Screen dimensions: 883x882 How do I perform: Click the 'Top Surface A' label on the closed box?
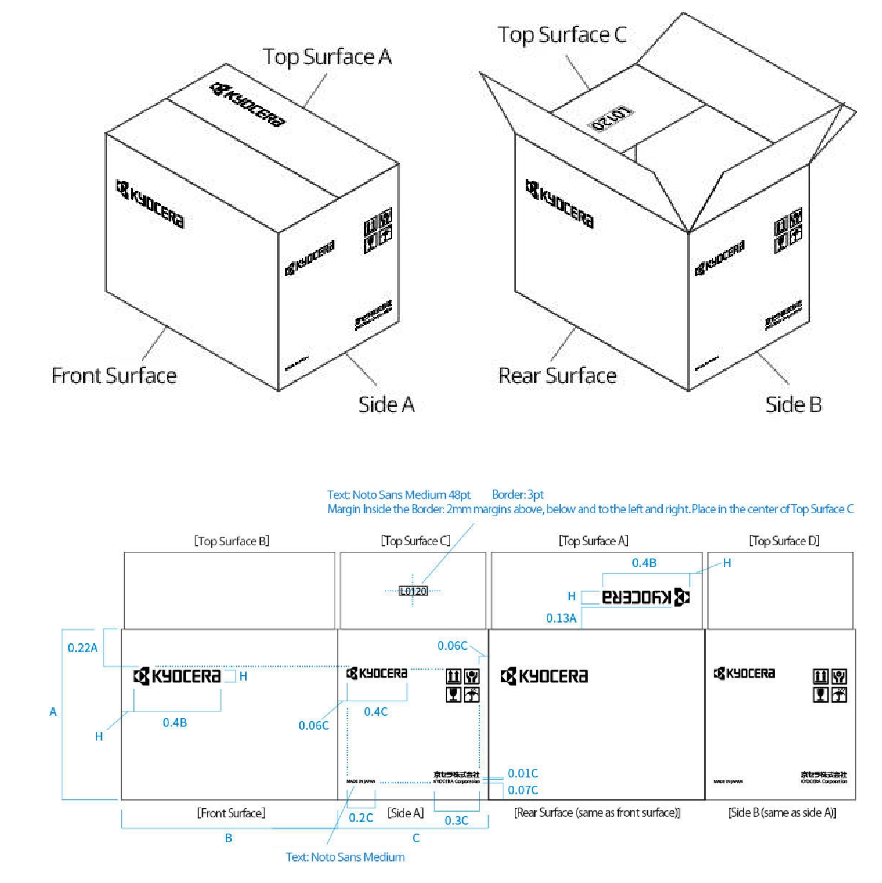pyautogui.click(x=327, y=57)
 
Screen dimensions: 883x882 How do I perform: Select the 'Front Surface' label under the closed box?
pyautogui.click(x=114, y=375)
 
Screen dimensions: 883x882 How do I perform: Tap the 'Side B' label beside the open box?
pyautogui.click(x=793, y=404)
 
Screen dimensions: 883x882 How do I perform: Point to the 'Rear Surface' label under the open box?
pyautogui.click(x=558, y=375)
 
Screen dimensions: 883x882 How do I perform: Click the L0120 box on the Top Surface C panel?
pyautogui.click(x=413, y=591)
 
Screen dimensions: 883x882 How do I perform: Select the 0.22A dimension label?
pyautogui.click(x=82, y=648)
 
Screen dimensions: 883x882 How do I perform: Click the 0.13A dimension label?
pyautogui.click(x=561, y=618)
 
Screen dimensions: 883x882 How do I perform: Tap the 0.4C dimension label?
pyautogui.click(x=376, y=712)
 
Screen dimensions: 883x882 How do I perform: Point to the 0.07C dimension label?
pyautogui.click(x=523, y=790)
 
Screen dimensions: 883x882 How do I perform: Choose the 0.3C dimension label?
pyautogui.click(x=457, y=820)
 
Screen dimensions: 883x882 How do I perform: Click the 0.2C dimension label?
pyautogui.click(x=361, y=818)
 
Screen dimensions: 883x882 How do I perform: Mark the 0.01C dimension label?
pyautogui.click(x=523, y=773)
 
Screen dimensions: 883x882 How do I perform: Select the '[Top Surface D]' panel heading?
pyautogui.click(x=784, y=541)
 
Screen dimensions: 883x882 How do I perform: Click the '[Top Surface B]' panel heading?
pyautogui.click(x=232, y=541)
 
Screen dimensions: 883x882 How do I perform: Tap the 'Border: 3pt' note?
pyautogui.click(x=518, y=495)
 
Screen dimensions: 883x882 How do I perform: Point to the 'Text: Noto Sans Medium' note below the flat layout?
pyautogui.click(x=345, y=857)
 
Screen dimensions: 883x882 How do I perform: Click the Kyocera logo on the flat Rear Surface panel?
pyautogui.click(x=544, y=676)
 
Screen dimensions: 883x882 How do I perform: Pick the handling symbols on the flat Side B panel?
pyautogui.click(x=830, y=685)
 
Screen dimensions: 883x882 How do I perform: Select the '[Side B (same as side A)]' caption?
pyautogui.click(x=782, y=813)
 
